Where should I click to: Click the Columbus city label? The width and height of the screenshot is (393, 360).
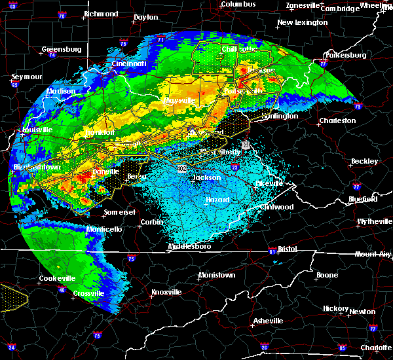coord(236,4)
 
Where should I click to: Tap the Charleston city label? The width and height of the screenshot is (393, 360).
coord(337,120)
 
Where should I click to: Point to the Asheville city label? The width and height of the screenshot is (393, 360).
coord(269,321)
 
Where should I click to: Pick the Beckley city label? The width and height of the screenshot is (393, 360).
coord(364,161)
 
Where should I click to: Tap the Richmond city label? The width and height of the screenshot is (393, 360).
coord(101,14)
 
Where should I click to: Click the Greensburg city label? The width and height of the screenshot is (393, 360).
coord(61,49)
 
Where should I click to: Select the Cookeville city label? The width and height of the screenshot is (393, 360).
coord(57,278)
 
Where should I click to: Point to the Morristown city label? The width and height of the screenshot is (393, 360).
coord(216,275)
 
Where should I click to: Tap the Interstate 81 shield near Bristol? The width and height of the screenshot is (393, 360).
coord(272,251)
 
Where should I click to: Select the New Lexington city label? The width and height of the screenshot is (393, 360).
coord(302,22)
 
